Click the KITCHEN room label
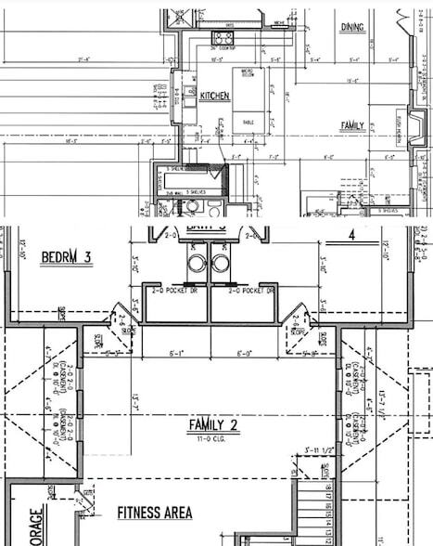pos(214,96)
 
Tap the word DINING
pos(352,27)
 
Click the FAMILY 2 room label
pos(214,425)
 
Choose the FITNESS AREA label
pos(155,513)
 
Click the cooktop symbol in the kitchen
pos(223,38)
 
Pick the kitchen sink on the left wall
pos(178,94)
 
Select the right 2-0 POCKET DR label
pos(244,291)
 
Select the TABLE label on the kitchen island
pos(248,122)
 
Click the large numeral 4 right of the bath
pos(351,236)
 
